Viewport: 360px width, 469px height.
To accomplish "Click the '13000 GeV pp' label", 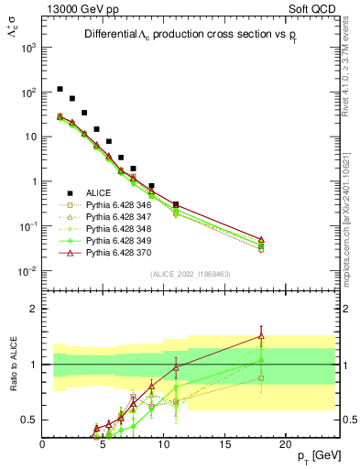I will point(80,8).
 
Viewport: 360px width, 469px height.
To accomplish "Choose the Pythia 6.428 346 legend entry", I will point(120,207).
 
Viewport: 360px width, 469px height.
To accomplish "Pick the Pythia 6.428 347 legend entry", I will point(120,222).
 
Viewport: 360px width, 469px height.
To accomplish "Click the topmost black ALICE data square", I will point(60,89).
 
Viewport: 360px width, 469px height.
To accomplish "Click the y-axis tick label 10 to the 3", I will point(28,48).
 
